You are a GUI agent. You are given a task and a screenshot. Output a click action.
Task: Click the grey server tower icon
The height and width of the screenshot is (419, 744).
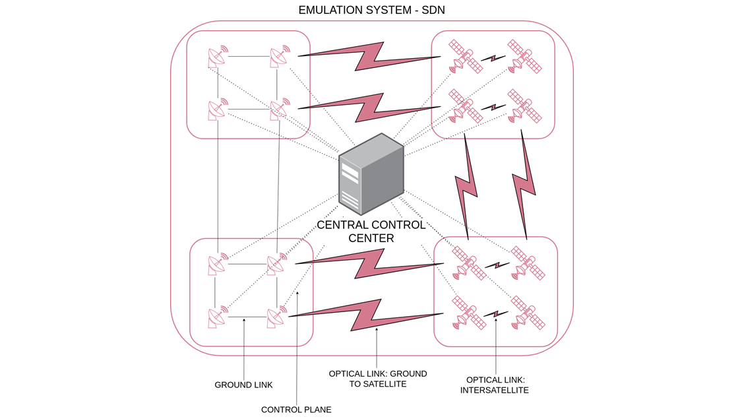(x=371, y=175)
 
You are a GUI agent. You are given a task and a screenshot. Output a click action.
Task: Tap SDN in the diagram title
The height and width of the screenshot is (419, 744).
(x=431, y=10)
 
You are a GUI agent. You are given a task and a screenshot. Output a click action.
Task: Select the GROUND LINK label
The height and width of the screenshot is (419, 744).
(x=243, y=385)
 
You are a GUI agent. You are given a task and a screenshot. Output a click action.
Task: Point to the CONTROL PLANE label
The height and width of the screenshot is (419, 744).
(x=296, y=410)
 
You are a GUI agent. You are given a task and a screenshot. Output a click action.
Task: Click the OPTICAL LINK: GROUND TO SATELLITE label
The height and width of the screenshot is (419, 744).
(x=377, y=379)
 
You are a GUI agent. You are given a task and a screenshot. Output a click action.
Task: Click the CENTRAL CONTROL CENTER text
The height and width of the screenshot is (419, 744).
(x=371, y=232)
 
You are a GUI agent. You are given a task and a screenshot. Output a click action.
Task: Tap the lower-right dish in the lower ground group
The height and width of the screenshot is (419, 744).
(x=276, y=317)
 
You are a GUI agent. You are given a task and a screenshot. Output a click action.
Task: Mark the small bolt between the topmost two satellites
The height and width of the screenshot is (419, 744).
(x=493, y=58)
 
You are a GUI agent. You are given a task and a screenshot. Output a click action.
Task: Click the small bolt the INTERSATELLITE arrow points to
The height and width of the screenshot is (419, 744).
(x=496, y=314)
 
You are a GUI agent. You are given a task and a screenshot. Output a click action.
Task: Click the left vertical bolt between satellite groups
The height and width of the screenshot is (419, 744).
(x=468, y=187)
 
